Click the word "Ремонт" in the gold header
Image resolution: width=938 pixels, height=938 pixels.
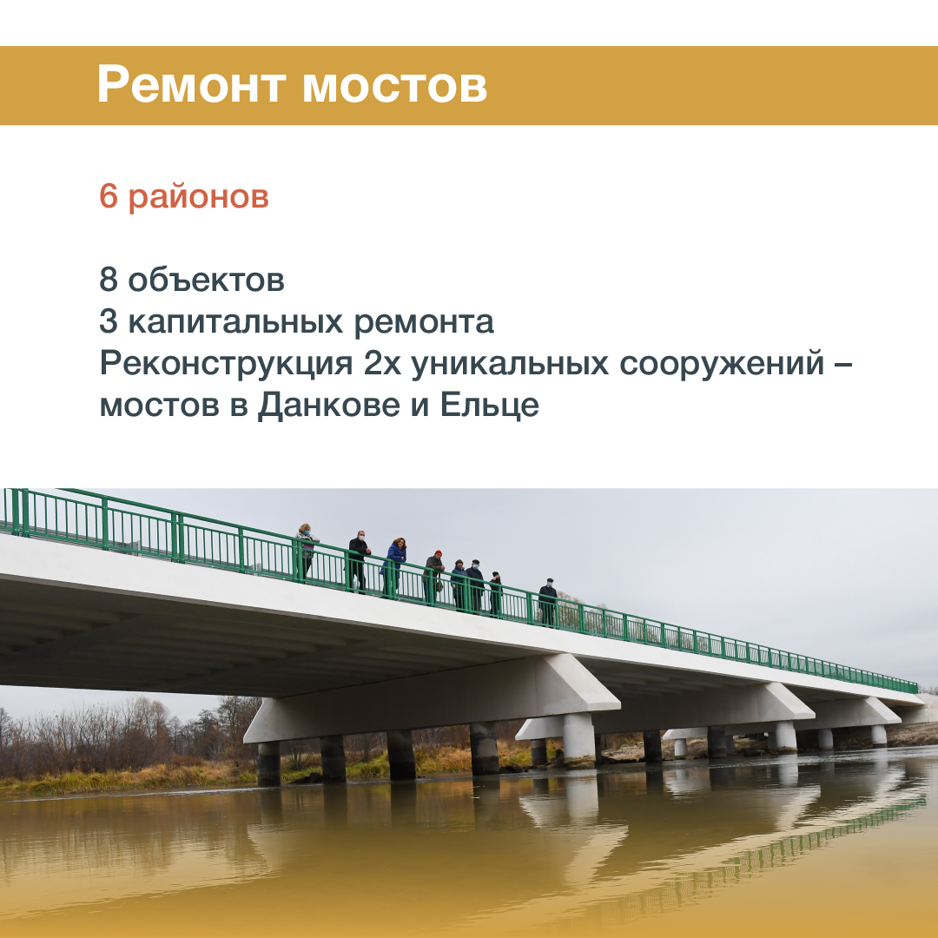click(191, 85)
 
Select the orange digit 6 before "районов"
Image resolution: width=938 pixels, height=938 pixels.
click(109, 195)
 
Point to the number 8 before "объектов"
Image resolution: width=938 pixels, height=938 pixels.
click(109, 280)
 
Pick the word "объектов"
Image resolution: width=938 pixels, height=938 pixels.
click(207, 280)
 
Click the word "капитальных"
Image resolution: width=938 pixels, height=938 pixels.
click(235, 323)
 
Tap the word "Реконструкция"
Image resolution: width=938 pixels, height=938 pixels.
click(227, 364)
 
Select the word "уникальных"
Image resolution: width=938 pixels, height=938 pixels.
click(510, 364)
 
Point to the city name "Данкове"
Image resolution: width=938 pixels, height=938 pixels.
click(329, 406)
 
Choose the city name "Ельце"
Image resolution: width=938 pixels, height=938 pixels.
click(490, 405)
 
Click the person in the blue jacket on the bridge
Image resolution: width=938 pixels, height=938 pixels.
click(394, 566)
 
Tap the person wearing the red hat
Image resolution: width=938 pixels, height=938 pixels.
click(433, 577)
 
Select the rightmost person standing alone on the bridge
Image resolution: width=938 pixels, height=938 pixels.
click(547, 602)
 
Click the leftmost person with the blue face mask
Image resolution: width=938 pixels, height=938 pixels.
click(307, 552)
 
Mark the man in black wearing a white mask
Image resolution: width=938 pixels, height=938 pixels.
click(358, 560)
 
